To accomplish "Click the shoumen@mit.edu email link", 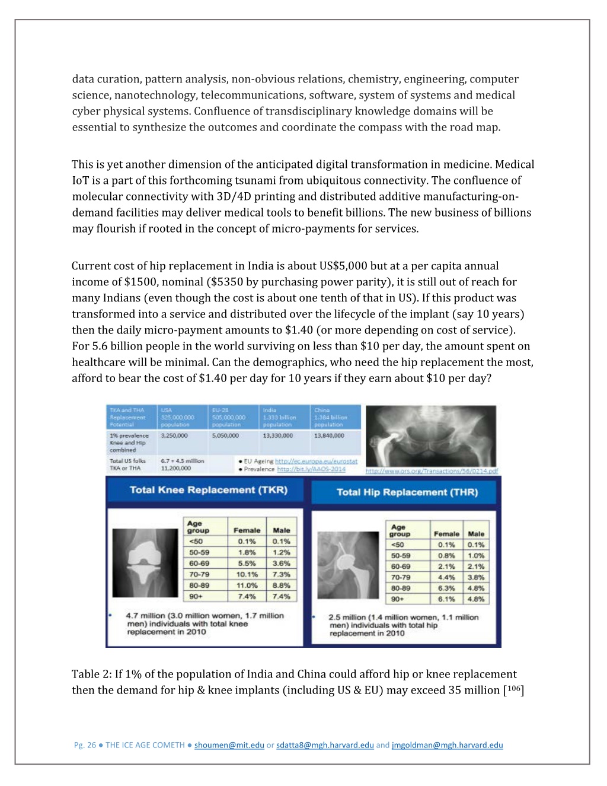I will point(229,745).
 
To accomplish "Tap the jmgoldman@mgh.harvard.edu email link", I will point(447,745).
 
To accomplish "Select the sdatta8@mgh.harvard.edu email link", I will point(325,745).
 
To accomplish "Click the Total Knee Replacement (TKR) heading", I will point(208,490).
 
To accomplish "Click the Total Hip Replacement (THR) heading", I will point(407,492).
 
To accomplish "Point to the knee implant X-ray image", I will point(146,563).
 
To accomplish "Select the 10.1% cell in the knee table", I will point(247,574).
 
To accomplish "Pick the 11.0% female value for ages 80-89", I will point(247,585).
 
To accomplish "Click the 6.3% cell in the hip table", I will point(446,588).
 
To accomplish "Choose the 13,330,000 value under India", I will point(277,435).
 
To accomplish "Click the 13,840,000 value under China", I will point(329,435).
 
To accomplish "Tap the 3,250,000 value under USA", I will point(174,435).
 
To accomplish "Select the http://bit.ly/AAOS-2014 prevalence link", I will point(311,469).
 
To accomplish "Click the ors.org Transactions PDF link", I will point(432,471).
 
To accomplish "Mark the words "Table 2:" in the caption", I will point(91,674).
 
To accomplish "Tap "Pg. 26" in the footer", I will point(85,745).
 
